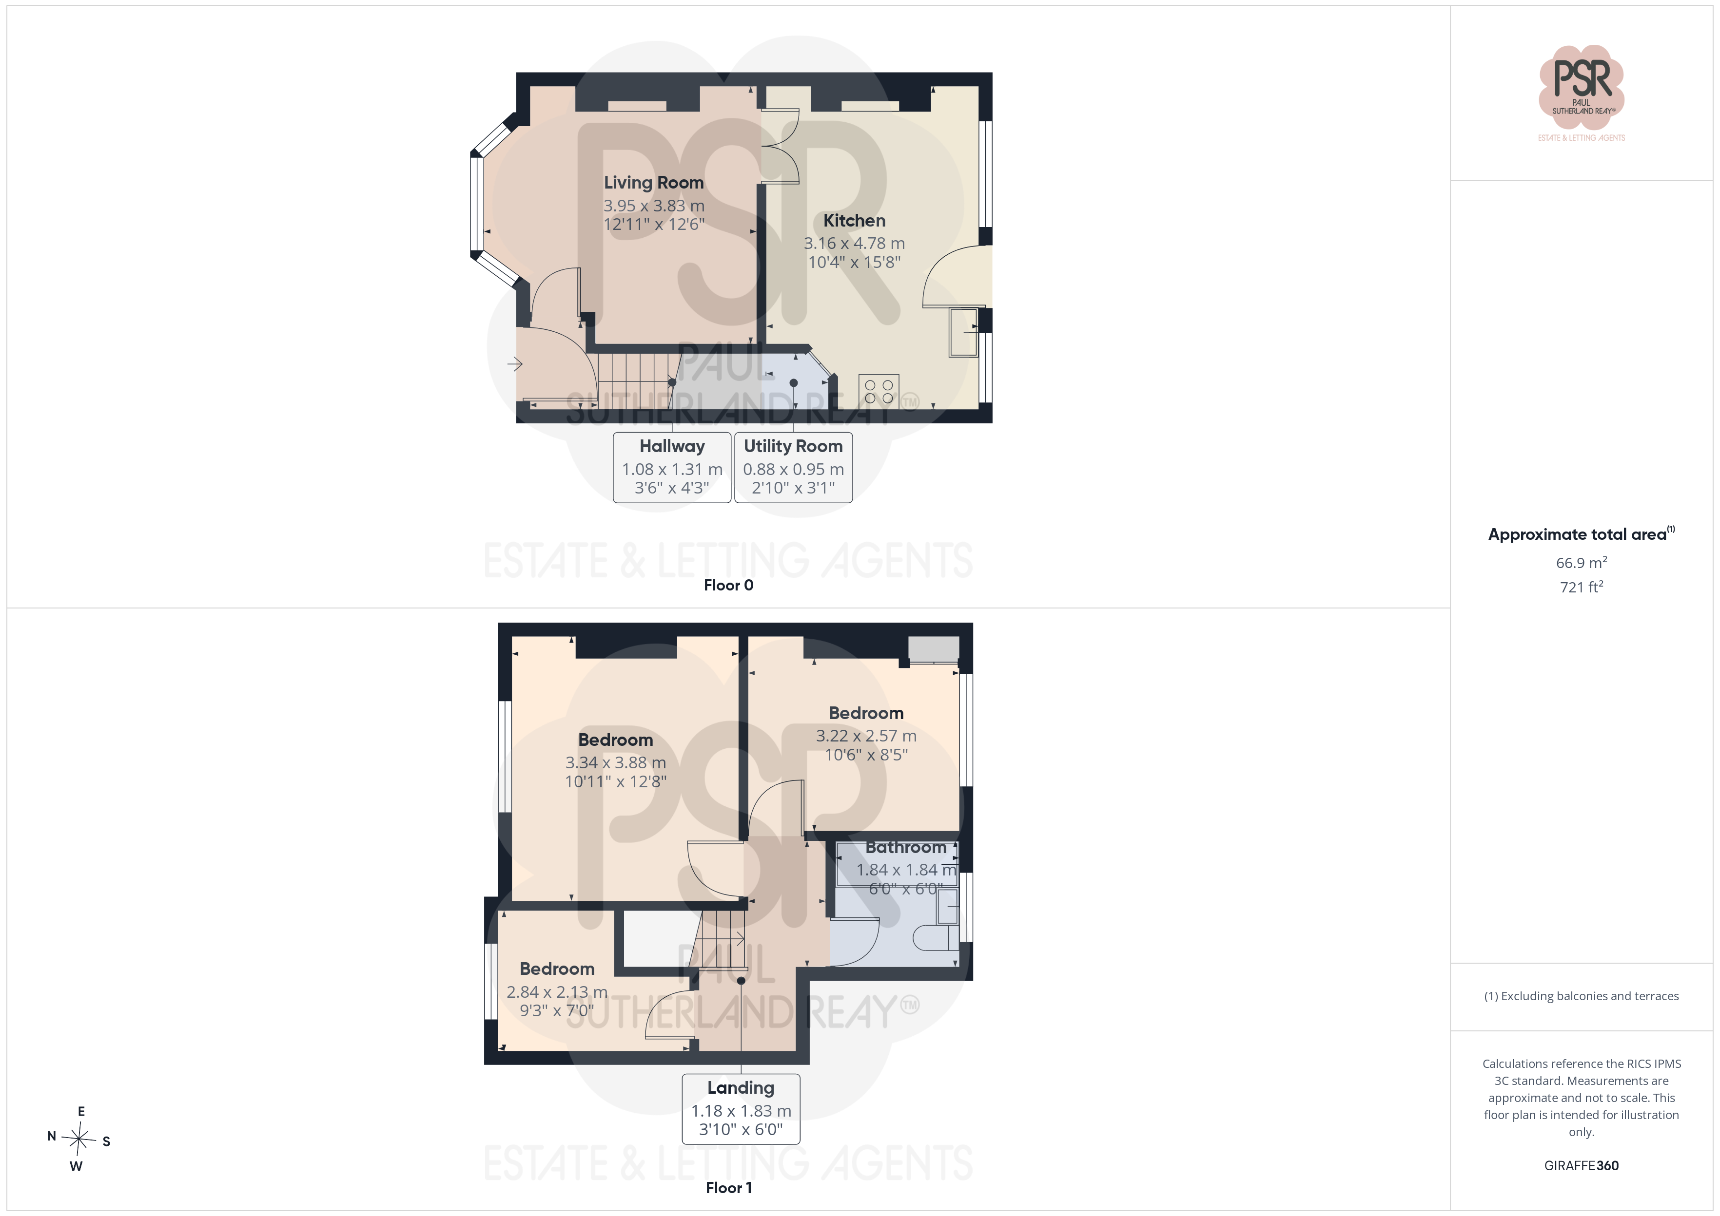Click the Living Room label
point(653,183)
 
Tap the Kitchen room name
point(854,220)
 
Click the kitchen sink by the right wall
point(963,332)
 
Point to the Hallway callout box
point(672,467)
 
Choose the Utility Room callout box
point(793,467)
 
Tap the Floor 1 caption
point(728,1188)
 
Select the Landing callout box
point(741,1109)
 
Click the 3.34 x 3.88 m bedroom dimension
point(615,762)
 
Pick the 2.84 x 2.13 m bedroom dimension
point(557,992)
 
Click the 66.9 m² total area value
point(1582,562)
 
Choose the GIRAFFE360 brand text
point(1582,1166)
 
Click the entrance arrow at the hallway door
point(515,364)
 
